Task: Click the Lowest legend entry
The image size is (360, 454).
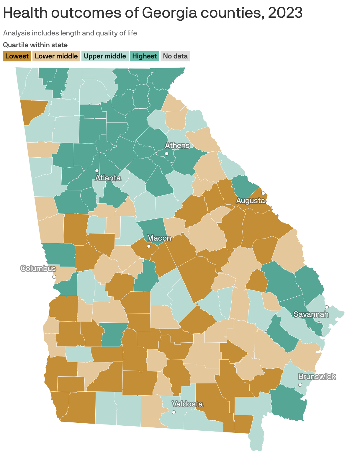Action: (17, 56)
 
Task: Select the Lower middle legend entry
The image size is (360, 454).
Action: (56, 56)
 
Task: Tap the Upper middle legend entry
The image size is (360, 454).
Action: (105, 56)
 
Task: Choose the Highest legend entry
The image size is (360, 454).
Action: (144, 56)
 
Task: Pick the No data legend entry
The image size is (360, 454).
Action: (175, 56)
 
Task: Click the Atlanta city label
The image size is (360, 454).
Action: (108, 178)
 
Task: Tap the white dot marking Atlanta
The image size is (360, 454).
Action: (97, 171)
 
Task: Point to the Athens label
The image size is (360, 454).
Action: (177, 145)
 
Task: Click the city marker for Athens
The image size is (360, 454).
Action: (166, 153)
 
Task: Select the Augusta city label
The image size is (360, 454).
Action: (251, 200)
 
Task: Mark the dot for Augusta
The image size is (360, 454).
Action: (263, 193)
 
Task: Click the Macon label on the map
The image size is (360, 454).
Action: (159, 238)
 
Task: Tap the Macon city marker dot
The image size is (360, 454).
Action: (149, 246)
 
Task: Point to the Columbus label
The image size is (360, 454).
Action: (38, 268)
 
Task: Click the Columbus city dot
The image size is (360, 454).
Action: (54, 277)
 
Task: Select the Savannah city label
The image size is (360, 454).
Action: (311, 314)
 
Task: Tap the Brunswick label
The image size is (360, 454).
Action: (317, 376)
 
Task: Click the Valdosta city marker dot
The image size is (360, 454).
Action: (174, 412)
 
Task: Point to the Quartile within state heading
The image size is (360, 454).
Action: (35, 45)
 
